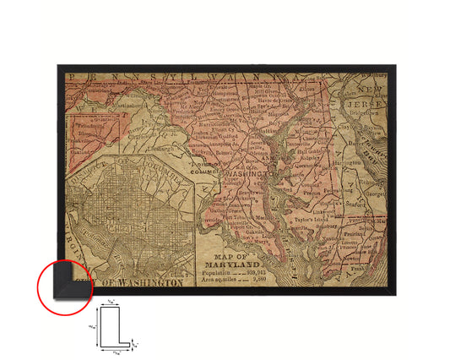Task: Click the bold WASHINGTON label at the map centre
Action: tap(246, 172)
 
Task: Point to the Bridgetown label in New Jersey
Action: tap(369, 110)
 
